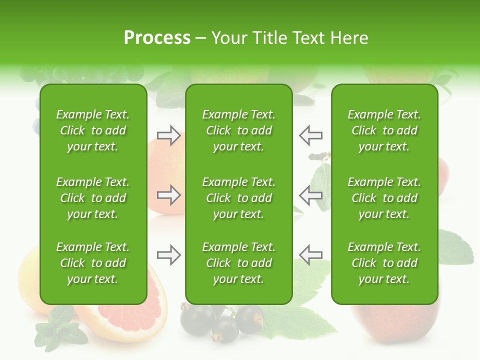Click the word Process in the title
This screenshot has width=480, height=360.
click(x=157, y=37)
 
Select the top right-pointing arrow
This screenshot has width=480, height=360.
click(x=168, y=135)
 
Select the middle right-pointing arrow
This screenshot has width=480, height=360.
click(x=168, y=195)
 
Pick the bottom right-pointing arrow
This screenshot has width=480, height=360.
click(x=168, y=255)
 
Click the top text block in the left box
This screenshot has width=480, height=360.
click(x=93, y=130)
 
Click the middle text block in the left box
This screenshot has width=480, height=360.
click(x=93, y=198)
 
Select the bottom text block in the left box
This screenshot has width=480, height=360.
click(x=93, y=263)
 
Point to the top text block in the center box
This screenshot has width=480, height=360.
click(x=239, y=130)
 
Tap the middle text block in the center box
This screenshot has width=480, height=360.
click(x=239, y=198)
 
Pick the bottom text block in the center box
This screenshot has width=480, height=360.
click(x=239, y=263)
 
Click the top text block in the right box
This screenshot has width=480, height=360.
click(x=384, y=130)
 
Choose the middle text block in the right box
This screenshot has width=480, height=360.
click(x=384, y=198)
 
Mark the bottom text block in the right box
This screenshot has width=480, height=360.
click(x=384, y=263)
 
